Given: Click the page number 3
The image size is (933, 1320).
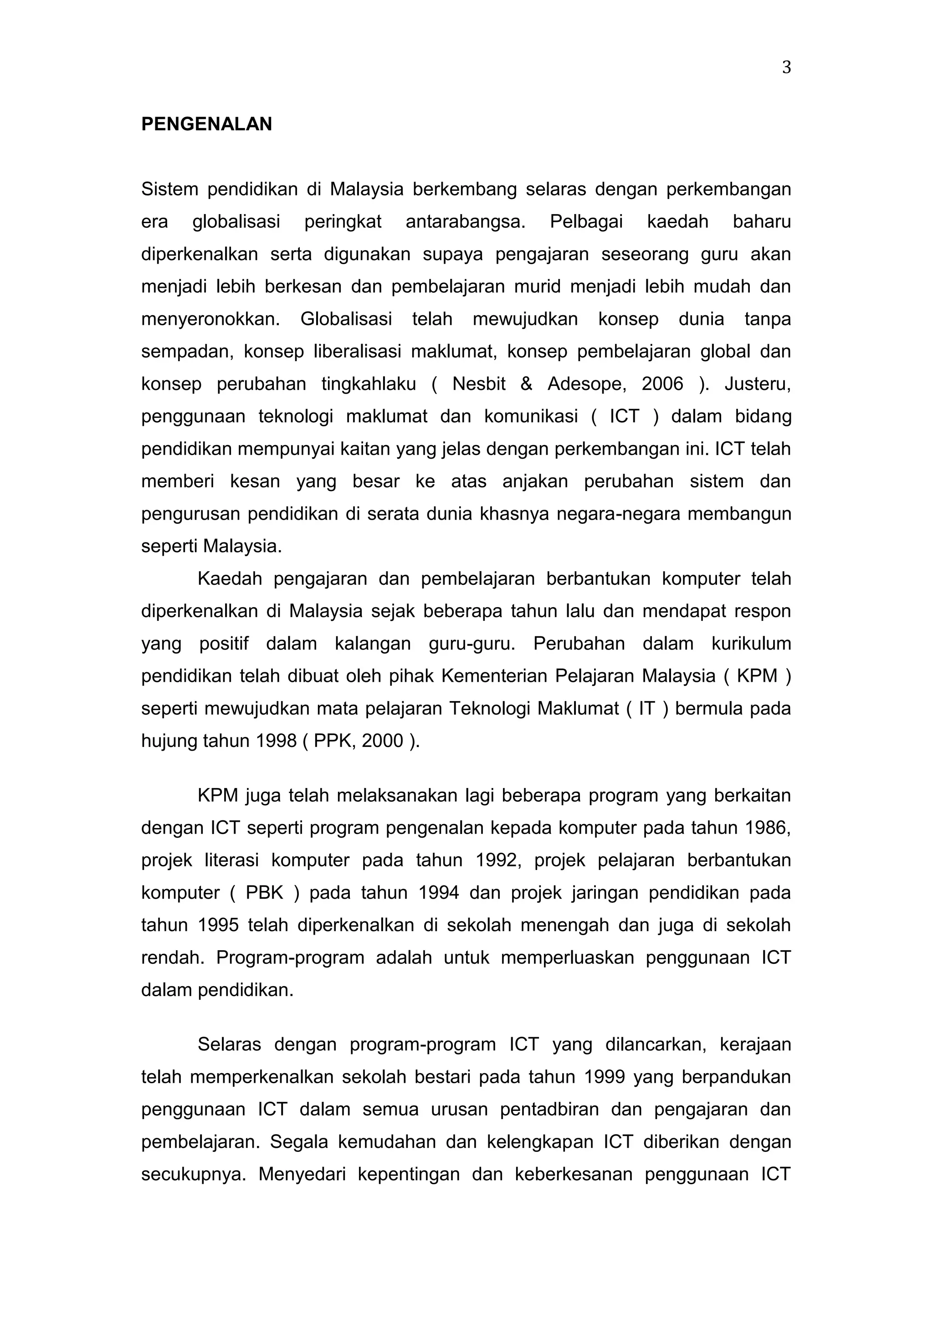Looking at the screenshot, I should tap(786, 68).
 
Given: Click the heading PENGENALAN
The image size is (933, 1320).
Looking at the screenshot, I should tap(206, 124).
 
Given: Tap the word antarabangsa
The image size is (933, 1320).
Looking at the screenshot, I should tap(465, 221).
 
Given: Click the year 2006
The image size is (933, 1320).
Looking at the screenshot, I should tap(662, 384).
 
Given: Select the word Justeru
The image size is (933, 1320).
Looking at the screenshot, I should tap(757, 384).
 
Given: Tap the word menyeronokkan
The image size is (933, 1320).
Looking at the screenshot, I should tap(210, 319).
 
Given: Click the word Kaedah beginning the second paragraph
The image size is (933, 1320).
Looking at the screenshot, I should tap(229, 579).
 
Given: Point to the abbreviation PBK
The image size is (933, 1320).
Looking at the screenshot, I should tap(264, 893).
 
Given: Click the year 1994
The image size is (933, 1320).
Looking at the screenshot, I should tap(439, 893).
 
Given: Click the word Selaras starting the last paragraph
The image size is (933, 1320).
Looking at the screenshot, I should tap(229, 1044).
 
